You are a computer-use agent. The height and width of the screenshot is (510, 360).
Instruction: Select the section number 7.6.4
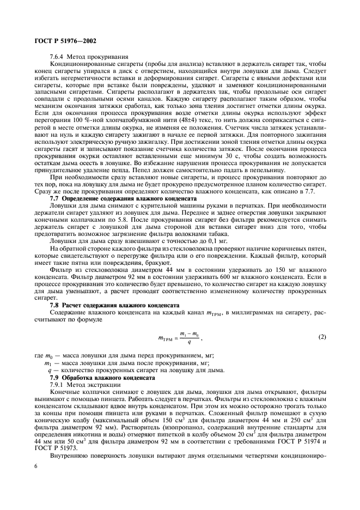coord(57,56)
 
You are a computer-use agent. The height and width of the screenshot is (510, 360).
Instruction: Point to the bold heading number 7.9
coord(54,377)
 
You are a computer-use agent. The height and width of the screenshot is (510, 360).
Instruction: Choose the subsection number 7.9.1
coord(57,384)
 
